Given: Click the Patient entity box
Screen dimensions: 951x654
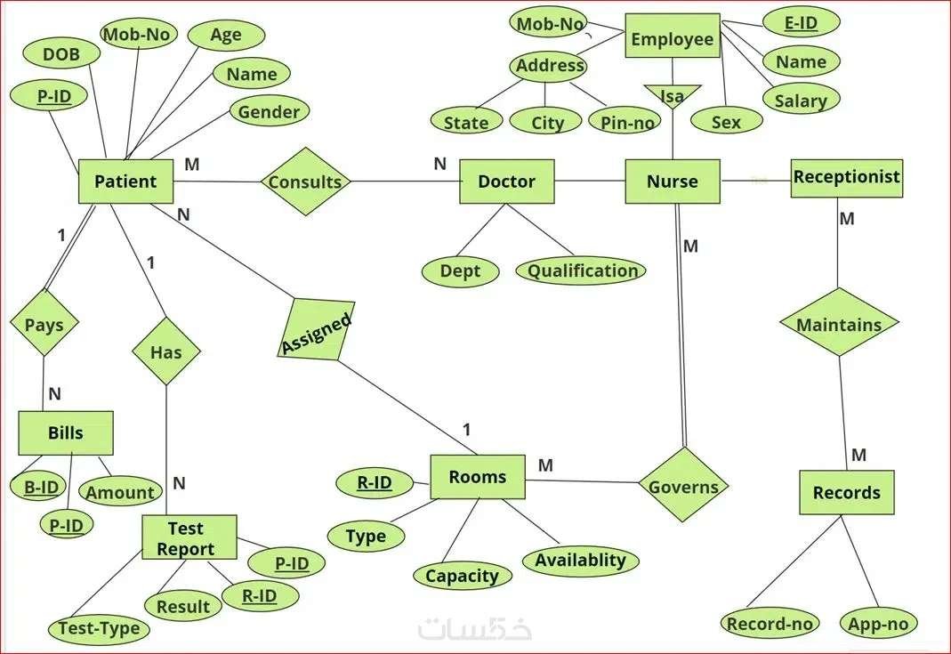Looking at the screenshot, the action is click(x=125, y=182).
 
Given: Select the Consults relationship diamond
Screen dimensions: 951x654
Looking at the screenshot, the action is click(x=305, y=182).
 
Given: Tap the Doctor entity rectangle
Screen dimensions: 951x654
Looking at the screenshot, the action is click(x=506, y=182).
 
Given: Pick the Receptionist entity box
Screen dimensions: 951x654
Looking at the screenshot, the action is click(x=847, y=178).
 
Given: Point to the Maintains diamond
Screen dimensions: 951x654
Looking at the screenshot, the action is click(x=839, y=322).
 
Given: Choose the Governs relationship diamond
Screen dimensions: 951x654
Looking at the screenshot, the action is click(x=683, y=485).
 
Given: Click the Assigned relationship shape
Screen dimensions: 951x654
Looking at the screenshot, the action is click(x=316, y=329).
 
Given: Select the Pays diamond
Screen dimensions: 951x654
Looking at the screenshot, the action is click(x=44, y=322).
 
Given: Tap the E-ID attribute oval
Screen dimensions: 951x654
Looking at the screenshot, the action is click(x=802, y=22).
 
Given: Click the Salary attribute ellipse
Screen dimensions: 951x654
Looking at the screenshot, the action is click(x=802, y=100).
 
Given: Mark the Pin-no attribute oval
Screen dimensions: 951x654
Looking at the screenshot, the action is click(x=627, y=122).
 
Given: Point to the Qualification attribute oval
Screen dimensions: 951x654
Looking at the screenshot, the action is click(x=581, y=270).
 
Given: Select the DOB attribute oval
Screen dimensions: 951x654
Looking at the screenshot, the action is click(x=60, y=53).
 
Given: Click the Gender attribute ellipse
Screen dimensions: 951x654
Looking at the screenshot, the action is click(x=270, y=111).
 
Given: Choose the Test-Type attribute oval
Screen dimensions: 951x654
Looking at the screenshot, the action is click(x=99, y=628).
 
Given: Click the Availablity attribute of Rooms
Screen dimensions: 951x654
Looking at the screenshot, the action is click(x=580, y=560).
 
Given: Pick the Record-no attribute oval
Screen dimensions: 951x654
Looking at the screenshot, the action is click(x=770, y=623).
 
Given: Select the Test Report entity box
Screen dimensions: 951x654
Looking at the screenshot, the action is click(x=189, y=537).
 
